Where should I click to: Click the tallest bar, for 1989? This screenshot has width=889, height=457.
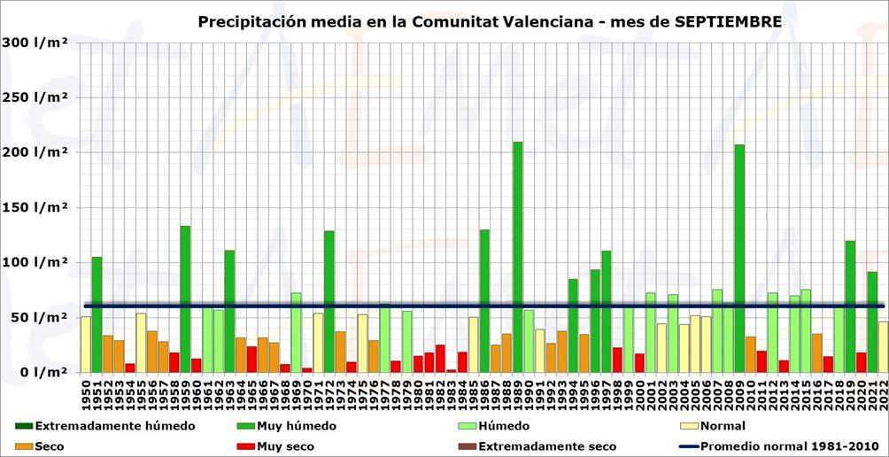click(x=518, y=257)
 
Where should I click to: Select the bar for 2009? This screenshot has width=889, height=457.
click(x=739, y=257)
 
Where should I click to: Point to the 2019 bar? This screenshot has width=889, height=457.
click(x=850, y=306)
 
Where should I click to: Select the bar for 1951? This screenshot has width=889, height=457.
click(x=97, y=314)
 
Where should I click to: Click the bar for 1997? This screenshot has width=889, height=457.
click(x=607, y=311)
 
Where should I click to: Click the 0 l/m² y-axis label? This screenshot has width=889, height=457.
click(x=40, y=372)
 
